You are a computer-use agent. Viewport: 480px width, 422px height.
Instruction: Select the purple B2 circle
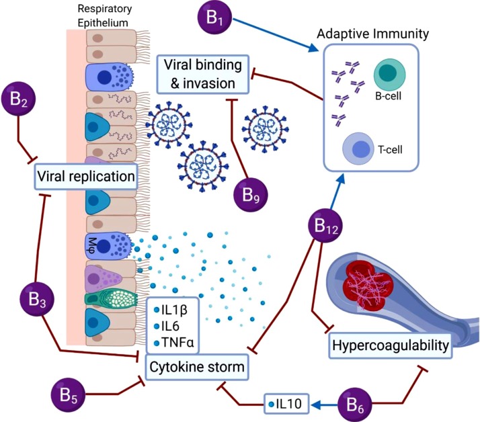(x=19, y=101)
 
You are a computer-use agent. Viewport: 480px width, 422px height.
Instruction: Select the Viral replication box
(x=85, y=177)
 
